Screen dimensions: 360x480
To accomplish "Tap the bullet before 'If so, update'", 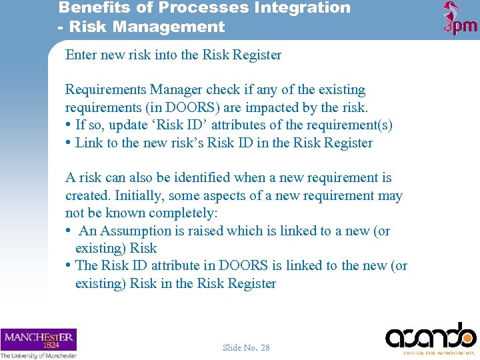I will click(x=69, y=125).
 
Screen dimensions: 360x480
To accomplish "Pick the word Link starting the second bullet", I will click(x=87, y=143).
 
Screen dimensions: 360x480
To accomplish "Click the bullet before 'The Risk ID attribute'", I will click(x=69, y=266).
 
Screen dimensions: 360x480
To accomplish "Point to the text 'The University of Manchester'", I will click(x=38, y=355).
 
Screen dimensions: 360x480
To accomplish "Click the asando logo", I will click(x=431, y=335).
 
